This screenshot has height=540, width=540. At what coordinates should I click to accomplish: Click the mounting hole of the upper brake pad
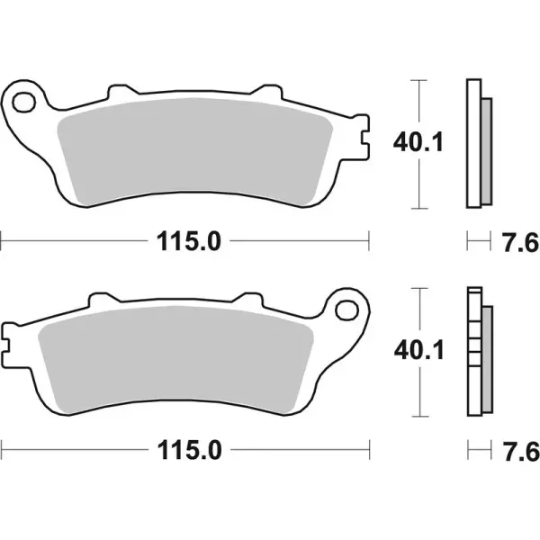24,97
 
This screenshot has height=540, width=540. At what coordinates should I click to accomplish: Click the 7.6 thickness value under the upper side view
517,240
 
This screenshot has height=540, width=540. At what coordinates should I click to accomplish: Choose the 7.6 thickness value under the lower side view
517,447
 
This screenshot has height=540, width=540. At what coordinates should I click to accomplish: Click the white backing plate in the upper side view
472,144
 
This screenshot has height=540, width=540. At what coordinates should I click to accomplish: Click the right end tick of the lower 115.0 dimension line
370,447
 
